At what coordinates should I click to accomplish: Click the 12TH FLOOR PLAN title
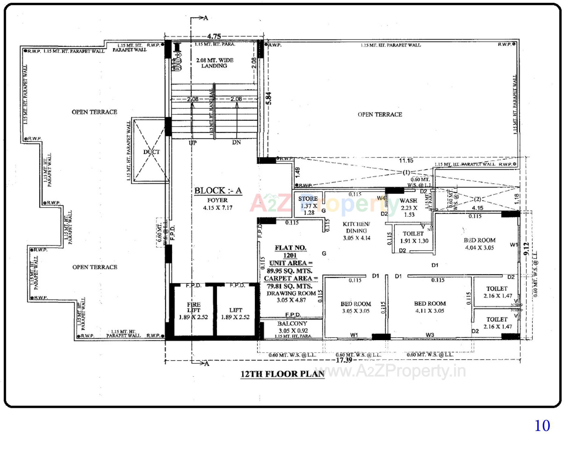pyautogui.click(x=282, y=374)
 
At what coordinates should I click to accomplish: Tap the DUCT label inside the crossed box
pyautogui.click(x=151, y=152)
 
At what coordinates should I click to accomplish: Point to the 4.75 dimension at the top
pyautogui.click(x=214, y=36)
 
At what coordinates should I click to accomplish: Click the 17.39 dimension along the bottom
pyautogui.click(x=344, y=360)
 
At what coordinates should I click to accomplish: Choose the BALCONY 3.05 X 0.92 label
pyautogui.click(x=292, y=327)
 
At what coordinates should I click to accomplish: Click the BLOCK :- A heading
pyautogui.click(x=218, y=191)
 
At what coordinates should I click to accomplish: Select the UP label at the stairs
pyautogui.click(x=193, y=143)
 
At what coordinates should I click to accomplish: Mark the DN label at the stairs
pyautogui.click(x=236, y=142)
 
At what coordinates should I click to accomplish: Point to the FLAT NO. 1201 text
pyautogui.click(x=290, y=251)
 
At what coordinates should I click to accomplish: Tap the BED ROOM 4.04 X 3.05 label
pyautogui.click(x=479, y=244)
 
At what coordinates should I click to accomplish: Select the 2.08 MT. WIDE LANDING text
pyautogui.click(x=214, y=63)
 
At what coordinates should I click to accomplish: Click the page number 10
pyautogui.click(x=542, y=426)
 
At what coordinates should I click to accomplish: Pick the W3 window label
pyautogui.click(x=430, y=335)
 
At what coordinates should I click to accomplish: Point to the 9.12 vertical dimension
pyautogui.click(x=526, y=249)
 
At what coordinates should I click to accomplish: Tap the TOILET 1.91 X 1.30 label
pyautogui.click(x=414, y=237)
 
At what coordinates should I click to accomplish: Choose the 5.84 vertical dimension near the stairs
pyautogui.click(x=269, y=98)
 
